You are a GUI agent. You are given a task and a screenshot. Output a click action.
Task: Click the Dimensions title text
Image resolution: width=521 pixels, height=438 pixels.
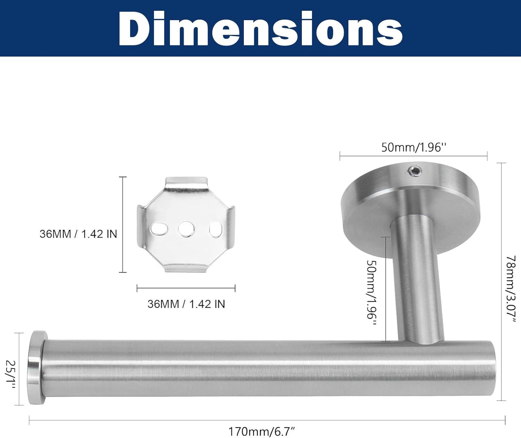260,28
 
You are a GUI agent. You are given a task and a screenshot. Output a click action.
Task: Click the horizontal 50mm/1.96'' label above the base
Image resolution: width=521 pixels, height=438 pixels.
414,147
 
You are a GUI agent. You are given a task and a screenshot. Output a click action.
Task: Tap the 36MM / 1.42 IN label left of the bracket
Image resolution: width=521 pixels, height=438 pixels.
78,234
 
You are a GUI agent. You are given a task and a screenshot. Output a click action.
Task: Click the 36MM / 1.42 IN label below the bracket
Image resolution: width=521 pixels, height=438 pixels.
186,304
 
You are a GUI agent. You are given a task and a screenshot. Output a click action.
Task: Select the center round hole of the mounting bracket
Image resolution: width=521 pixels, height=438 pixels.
186,228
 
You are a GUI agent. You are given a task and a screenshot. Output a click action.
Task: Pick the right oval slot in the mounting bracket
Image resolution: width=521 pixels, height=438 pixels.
216,229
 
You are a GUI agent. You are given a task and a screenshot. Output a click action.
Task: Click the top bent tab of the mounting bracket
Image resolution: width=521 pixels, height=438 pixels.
186,182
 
